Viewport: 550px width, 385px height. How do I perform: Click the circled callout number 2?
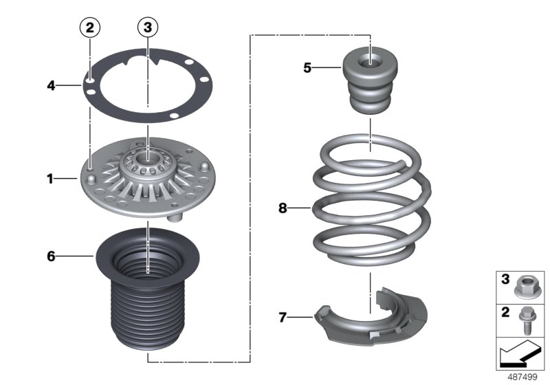(90, 28)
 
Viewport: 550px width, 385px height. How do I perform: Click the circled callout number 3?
(147, 28)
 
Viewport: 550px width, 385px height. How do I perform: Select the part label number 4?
(50, 86)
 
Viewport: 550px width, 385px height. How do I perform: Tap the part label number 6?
(50, 256)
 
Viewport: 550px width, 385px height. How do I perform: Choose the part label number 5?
(307, 67)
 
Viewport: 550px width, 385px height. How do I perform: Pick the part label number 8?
(283, 208)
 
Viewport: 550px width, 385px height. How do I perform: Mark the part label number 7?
(283, 317)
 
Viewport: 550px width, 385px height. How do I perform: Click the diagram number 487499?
(522, 377)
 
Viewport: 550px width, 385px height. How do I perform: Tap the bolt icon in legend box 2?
(529, 319)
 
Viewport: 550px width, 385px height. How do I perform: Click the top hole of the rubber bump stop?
(371, 60)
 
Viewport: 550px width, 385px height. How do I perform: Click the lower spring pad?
(371, 323)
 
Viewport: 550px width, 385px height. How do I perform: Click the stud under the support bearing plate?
(175, 217)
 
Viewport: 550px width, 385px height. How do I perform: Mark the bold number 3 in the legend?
(505, 279)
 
